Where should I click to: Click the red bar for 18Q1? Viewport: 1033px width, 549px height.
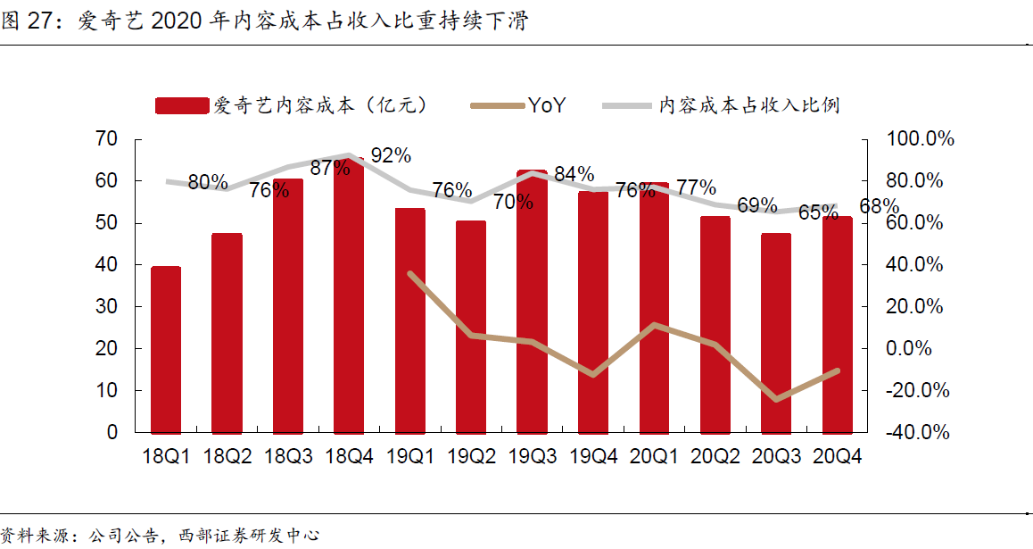click(166, 349)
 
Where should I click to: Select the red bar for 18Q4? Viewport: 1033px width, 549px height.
click(349, 295)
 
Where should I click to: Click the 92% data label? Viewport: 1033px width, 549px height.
click(391, 155)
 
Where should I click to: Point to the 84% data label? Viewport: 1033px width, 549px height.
click(574, 173)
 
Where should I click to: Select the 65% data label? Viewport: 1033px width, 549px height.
click(818, 212)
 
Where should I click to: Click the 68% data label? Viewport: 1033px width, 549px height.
click(879, 207)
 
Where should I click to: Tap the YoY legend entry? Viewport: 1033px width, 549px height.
click(545, 105)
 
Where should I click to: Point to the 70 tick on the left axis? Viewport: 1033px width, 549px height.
click(106, 139)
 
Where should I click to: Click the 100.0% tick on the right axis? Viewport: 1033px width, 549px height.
click(919, 139)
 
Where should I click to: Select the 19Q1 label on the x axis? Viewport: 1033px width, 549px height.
click(409, 456)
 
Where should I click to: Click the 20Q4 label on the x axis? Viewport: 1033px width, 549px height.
click(837, 456)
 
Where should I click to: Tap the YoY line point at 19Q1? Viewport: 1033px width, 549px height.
click(409, 273)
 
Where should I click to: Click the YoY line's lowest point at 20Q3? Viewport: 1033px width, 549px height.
click(776, 399)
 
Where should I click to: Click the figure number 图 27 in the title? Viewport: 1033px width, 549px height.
click(25, 21)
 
